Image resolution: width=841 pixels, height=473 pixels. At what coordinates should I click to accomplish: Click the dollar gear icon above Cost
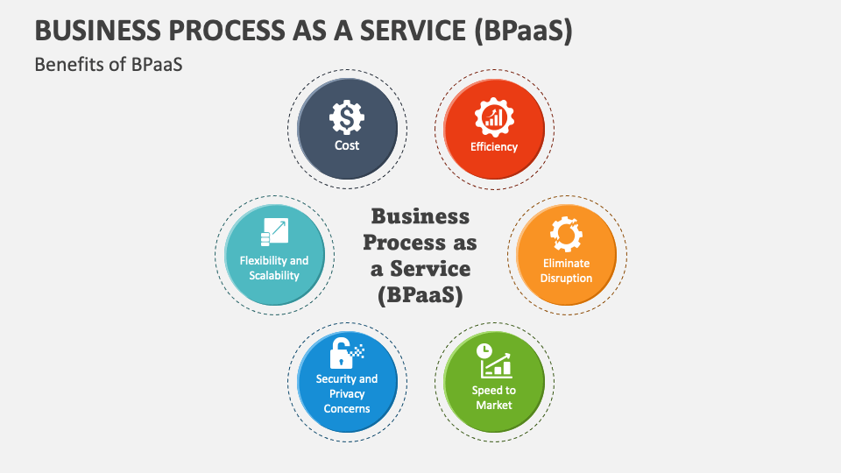[347, 117]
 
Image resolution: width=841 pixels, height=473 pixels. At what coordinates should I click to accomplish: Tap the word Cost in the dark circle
[347, 145]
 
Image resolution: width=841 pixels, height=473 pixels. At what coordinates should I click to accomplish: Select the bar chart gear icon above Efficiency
[493, 117]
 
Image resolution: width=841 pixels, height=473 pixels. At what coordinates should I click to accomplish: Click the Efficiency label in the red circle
[494, 146]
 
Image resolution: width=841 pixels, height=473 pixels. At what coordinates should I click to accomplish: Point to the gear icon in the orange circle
[566, 234]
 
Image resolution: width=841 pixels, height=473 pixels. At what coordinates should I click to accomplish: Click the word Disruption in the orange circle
[567, 278]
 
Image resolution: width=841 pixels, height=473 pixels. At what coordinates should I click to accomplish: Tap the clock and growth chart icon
[493, 360]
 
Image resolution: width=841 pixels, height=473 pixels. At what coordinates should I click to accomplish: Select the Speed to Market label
[494, 398]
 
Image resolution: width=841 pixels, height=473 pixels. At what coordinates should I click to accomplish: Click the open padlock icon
[344, 352]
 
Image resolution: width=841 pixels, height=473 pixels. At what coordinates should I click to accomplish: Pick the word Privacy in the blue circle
[347, 393]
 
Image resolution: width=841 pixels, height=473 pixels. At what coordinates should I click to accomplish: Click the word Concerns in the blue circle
[347, 408]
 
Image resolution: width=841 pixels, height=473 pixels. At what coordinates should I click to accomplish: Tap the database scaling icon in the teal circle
[273, 233]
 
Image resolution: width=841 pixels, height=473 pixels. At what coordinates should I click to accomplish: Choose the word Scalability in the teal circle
[274, 275]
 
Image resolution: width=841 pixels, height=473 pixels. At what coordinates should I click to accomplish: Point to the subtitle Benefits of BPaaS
[109, 64]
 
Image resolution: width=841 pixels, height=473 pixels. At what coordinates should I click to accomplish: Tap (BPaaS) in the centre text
[420, 295]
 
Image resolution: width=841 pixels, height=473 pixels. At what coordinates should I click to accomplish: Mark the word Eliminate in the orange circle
[567, 263]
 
